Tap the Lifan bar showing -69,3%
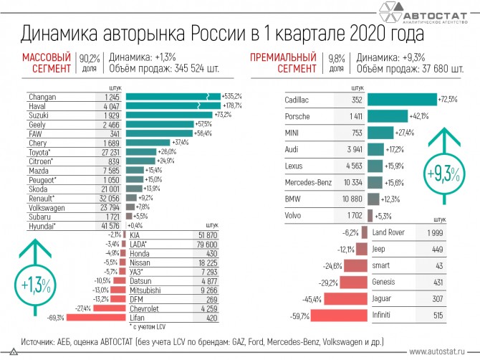click(95, 317)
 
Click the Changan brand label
click(42, 97)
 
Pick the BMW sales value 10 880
click(352, 199)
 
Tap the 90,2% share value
click(88, 57)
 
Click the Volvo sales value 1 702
click(355, 215)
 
